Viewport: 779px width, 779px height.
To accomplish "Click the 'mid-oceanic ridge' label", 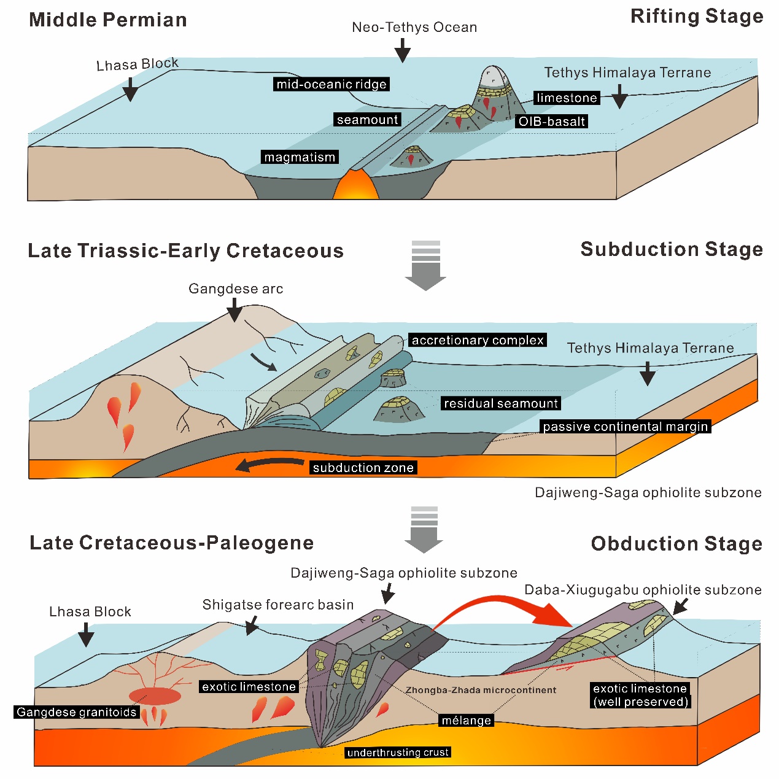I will pyautogui.click(x=331, y=84).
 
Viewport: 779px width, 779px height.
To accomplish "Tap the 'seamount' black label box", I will pyautogui.click(x=368, y=120).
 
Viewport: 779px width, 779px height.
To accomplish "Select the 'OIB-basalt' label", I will pyautogui.click(x=552, y=122).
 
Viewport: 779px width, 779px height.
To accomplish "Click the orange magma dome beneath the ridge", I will pyautogui.click(x=355, y=186).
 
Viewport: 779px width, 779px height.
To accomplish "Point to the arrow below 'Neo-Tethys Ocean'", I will pyautogui.click(x=403, y=50).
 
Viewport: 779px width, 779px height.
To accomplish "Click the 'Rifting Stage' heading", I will pyautogui.click(x=697, y=17).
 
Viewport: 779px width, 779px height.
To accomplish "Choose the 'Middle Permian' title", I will pyautogui.click(x=108, y=20).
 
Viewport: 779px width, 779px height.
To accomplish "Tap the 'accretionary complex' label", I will pyautogui.click(x=478, y=340).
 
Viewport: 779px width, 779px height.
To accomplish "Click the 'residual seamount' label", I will pyautogui.click(x=501, y=403).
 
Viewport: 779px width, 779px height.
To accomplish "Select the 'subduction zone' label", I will pyautogui.click(x=363, y=468).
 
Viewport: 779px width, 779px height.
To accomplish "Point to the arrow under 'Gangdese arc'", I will pyautogui.click(x=234, y=311).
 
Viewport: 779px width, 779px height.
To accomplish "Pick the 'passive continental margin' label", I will pyautogui.click(x=626, y=427).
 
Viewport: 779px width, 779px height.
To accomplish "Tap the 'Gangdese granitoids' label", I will pyautogui.click(x=77, y=712).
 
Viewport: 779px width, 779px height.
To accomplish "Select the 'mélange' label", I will pyautogui.click(x=467, y=720).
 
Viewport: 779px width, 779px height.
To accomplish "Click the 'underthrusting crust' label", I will pyautogui.click(x=398, y=753).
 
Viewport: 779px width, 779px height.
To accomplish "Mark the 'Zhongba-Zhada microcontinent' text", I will pyautogui.click(x=481, y=690).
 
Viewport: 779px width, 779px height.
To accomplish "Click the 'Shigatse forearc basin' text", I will pyautogui.click(x=278, y=605).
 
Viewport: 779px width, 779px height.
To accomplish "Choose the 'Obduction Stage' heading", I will pyautogui.click(x=676, y=544).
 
